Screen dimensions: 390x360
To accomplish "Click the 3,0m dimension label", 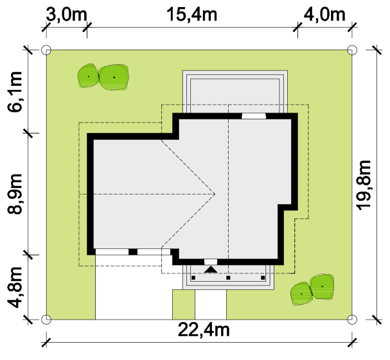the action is pos(66,15).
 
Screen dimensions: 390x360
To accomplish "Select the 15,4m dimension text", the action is pos(191,14).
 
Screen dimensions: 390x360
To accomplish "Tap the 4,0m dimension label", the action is pos(324,15).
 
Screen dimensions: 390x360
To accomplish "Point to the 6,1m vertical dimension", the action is pos(15,91).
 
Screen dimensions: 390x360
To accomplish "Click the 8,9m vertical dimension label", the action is pos(15,194).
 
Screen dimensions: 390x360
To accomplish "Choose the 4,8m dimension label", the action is pos(15,287).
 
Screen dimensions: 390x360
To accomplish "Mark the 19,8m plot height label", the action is pos(364,185).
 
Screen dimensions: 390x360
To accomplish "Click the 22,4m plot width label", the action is pos(204,330).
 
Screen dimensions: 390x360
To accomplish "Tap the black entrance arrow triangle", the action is pos(211,270).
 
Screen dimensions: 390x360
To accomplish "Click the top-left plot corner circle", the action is pos(46,50).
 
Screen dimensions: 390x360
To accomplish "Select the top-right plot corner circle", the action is pos(352,50).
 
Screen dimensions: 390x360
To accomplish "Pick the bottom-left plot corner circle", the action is pos(46,320).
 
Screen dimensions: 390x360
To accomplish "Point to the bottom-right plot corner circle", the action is pos(352,320).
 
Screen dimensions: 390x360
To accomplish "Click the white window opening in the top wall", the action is pos(254,116).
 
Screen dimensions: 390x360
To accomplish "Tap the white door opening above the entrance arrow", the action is pos(211,262).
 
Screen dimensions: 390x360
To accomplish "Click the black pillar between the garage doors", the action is pos(133,252).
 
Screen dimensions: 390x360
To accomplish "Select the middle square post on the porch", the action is pos(228,278).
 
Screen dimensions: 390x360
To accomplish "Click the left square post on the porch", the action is pos(193,278).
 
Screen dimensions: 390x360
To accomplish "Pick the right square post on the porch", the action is pos(263,278).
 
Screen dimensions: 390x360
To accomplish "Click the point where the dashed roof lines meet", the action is pos(215,194).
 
